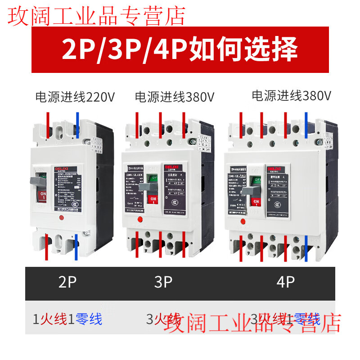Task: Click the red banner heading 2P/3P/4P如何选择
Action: point(180,49)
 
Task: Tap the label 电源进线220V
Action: point(75,97)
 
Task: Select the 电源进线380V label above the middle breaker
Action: point(174,97)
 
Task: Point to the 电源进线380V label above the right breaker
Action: point(291,95)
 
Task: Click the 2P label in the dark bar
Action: point(67,283)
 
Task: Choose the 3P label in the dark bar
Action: point(163,283)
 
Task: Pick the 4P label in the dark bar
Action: point(285,283)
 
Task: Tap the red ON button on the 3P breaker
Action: point(153,199)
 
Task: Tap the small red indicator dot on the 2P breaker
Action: point(61,218)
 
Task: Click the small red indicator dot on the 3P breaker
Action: point(140,220)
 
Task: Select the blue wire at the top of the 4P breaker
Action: point(307,124)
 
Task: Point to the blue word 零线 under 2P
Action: point(89,319)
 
